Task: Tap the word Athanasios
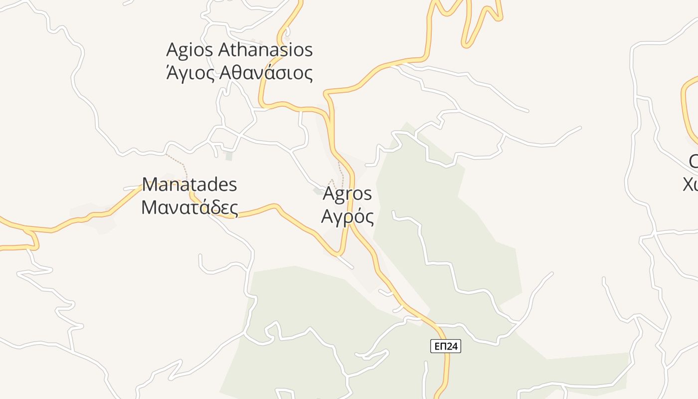[x=265, y=50]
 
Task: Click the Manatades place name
[x=189, y=185]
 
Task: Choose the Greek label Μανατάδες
[x=189, y=207]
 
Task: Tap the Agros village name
[x=348, y=194]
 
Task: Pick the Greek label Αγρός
[x=348, y=216]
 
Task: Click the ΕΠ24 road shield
[x=445, y=346]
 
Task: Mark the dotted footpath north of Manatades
[x=177, y=162]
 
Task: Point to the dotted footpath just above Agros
[x=342, y=170]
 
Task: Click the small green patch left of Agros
[x=318, y=191]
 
